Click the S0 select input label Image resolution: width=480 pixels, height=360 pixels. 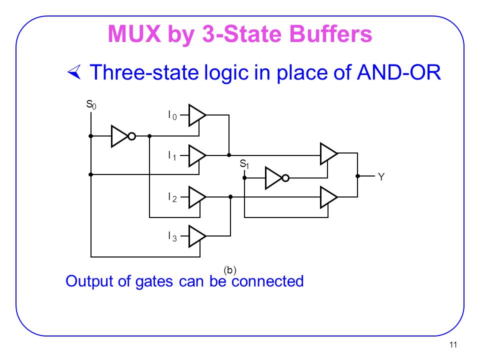coord(91,104)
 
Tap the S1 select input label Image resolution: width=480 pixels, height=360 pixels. coord(244,164)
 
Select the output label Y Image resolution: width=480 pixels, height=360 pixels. coord(381,176)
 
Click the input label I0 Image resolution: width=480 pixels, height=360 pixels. coord(172,115)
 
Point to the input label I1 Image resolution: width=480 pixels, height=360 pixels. coord(172,156)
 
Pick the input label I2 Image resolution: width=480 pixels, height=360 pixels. coord(172,197)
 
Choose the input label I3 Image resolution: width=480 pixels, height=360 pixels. coord(172,236)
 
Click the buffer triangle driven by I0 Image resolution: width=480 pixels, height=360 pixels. coord(196,115)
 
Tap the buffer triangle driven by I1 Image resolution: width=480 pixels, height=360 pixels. coord(196,156)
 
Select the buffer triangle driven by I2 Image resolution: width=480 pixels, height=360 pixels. coord(196,197)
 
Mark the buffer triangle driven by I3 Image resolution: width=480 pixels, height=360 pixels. coord(196,235)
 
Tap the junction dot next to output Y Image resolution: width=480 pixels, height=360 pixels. coord(358,176)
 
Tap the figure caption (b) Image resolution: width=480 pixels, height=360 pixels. coord(230,270)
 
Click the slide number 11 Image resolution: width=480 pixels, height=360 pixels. coord(454,344)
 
